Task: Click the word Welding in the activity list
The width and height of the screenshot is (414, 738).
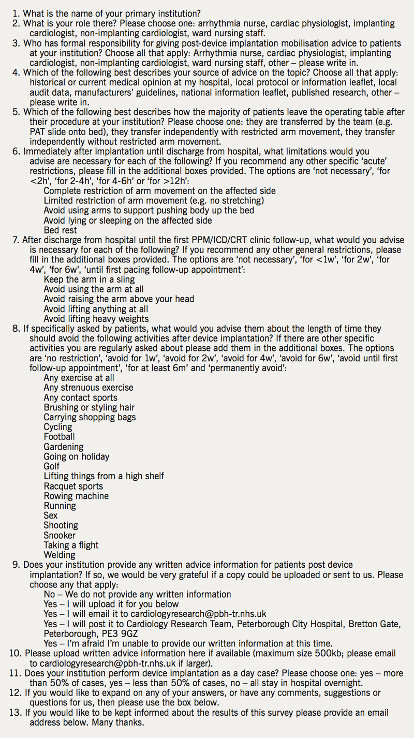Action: [x=60, y=555]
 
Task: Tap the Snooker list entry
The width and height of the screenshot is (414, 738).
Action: [x=60, y=535]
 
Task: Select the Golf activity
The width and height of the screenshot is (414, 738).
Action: [x=52, y=466]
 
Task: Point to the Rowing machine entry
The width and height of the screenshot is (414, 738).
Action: [x=76, y=496]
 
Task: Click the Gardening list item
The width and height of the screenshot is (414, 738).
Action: [x=63, y=447]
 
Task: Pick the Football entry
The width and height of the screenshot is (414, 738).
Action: [x=59, y=437]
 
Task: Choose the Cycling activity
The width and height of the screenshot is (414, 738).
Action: [x=58, y=427]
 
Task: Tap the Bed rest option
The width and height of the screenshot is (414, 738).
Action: [x=60, y=230]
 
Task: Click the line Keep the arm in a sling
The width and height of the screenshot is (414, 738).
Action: [x=89, y=279]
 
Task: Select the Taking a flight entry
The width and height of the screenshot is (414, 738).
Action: [x=71, y=545]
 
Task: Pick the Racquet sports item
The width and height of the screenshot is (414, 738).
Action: [x=73, y=486]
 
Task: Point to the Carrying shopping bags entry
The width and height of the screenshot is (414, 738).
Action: [x=90, y=417]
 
